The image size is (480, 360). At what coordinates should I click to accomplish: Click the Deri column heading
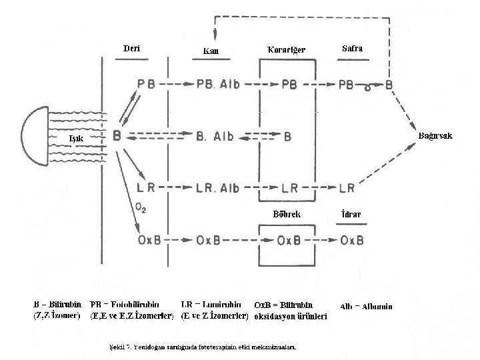click(x=132, y=48)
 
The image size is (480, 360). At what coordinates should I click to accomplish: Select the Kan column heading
click(x=210, y=51)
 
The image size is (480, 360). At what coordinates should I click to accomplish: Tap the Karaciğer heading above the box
click(x=286, y=50)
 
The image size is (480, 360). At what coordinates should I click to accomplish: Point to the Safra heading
click(x=352, y=49)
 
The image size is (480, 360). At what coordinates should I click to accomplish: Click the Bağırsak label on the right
click(x=435, y=136)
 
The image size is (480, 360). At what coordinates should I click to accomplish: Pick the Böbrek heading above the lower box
click(x=287, y=215)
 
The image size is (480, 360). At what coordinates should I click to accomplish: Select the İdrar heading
click(x=351, y=215)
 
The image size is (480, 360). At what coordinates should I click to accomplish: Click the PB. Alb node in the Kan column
click(x=219, y=85)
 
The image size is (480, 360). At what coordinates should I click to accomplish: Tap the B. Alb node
click(x=215, y=137)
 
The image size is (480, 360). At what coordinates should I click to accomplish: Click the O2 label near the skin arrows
click(x=141, y=207)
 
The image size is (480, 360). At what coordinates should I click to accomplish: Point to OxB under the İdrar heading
click(x=351, y=240)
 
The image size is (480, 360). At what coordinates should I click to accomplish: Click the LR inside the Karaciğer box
click(x=289, y=187)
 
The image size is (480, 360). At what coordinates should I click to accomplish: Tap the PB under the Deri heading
click(x=146, y=85)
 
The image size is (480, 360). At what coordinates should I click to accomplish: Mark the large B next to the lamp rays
click(x=117, y=136)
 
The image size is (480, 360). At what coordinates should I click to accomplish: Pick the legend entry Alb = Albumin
click(x=366, y=307)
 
